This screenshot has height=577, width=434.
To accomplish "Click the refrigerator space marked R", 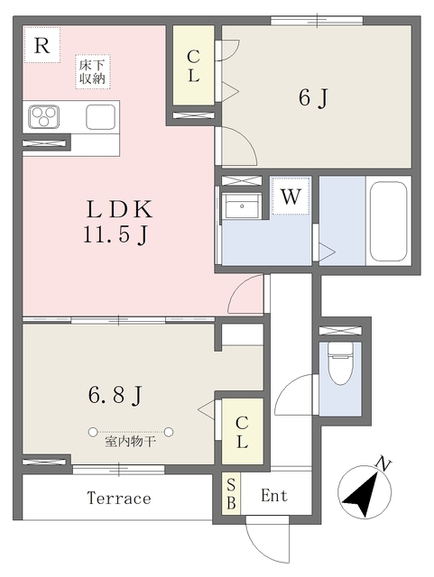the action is point(42,45).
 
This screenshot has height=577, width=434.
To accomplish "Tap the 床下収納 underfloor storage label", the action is point(92,72).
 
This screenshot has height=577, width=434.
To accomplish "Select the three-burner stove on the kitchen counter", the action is point(44,117).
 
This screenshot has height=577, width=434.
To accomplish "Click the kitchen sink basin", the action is point(100,117).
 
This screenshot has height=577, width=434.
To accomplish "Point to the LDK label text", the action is point(119,209).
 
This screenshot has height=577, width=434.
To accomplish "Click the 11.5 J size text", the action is point(115,235).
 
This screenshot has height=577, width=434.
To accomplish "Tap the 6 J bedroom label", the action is point(313,98).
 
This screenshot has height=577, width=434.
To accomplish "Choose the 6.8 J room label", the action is point(115,395).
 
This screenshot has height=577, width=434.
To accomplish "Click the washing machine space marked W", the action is point(291,197).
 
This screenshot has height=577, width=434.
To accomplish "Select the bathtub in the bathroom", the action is point(388,221).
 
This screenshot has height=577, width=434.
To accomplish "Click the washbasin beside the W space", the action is point(242,206).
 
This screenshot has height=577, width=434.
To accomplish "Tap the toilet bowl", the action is point(340,363).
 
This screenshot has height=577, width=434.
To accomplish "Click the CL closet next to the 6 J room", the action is point(193,66).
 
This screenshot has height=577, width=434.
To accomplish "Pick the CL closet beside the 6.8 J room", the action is point(242,432).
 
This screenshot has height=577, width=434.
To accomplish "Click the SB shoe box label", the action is point(231,494).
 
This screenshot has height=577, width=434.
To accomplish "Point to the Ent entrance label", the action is point(274,496).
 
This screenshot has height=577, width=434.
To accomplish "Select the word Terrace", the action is point(119,499).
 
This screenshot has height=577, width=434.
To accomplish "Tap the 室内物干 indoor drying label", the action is point(130,441).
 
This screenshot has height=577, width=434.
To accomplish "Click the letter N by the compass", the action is point(383,465).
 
